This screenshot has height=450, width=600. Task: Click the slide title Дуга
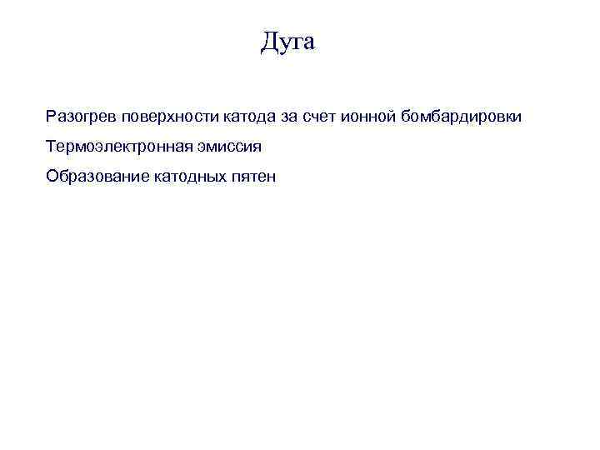click(x=287, y=41)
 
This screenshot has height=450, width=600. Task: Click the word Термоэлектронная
click(x=118, y=147)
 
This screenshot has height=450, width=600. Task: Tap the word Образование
click(x=97, y=177)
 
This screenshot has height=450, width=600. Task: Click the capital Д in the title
click(x=268, y=41)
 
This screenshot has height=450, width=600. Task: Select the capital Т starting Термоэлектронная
click(x=52, y=147)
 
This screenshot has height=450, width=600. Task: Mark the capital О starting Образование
click(x=52, y=177)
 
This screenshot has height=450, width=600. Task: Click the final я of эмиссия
click(x=257, y=147)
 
